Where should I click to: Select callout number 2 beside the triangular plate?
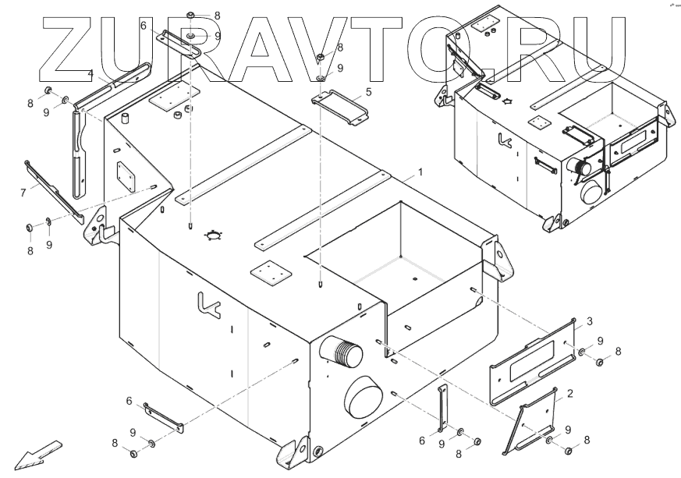pyautogui.click(x=570, y=394)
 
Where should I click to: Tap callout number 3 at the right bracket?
pyautogui.click(x=590, y=320)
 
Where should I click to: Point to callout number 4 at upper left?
pyautogui.click(x=91, y=74)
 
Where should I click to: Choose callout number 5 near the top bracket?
pyautogui.click(x=368, y=91)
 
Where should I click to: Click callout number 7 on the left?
pyautogui.click(x=23, y=190)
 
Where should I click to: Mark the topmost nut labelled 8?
pyautogui.click(x=192, y=16)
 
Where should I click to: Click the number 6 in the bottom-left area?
pyautogui.click(x=129, y=400)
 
